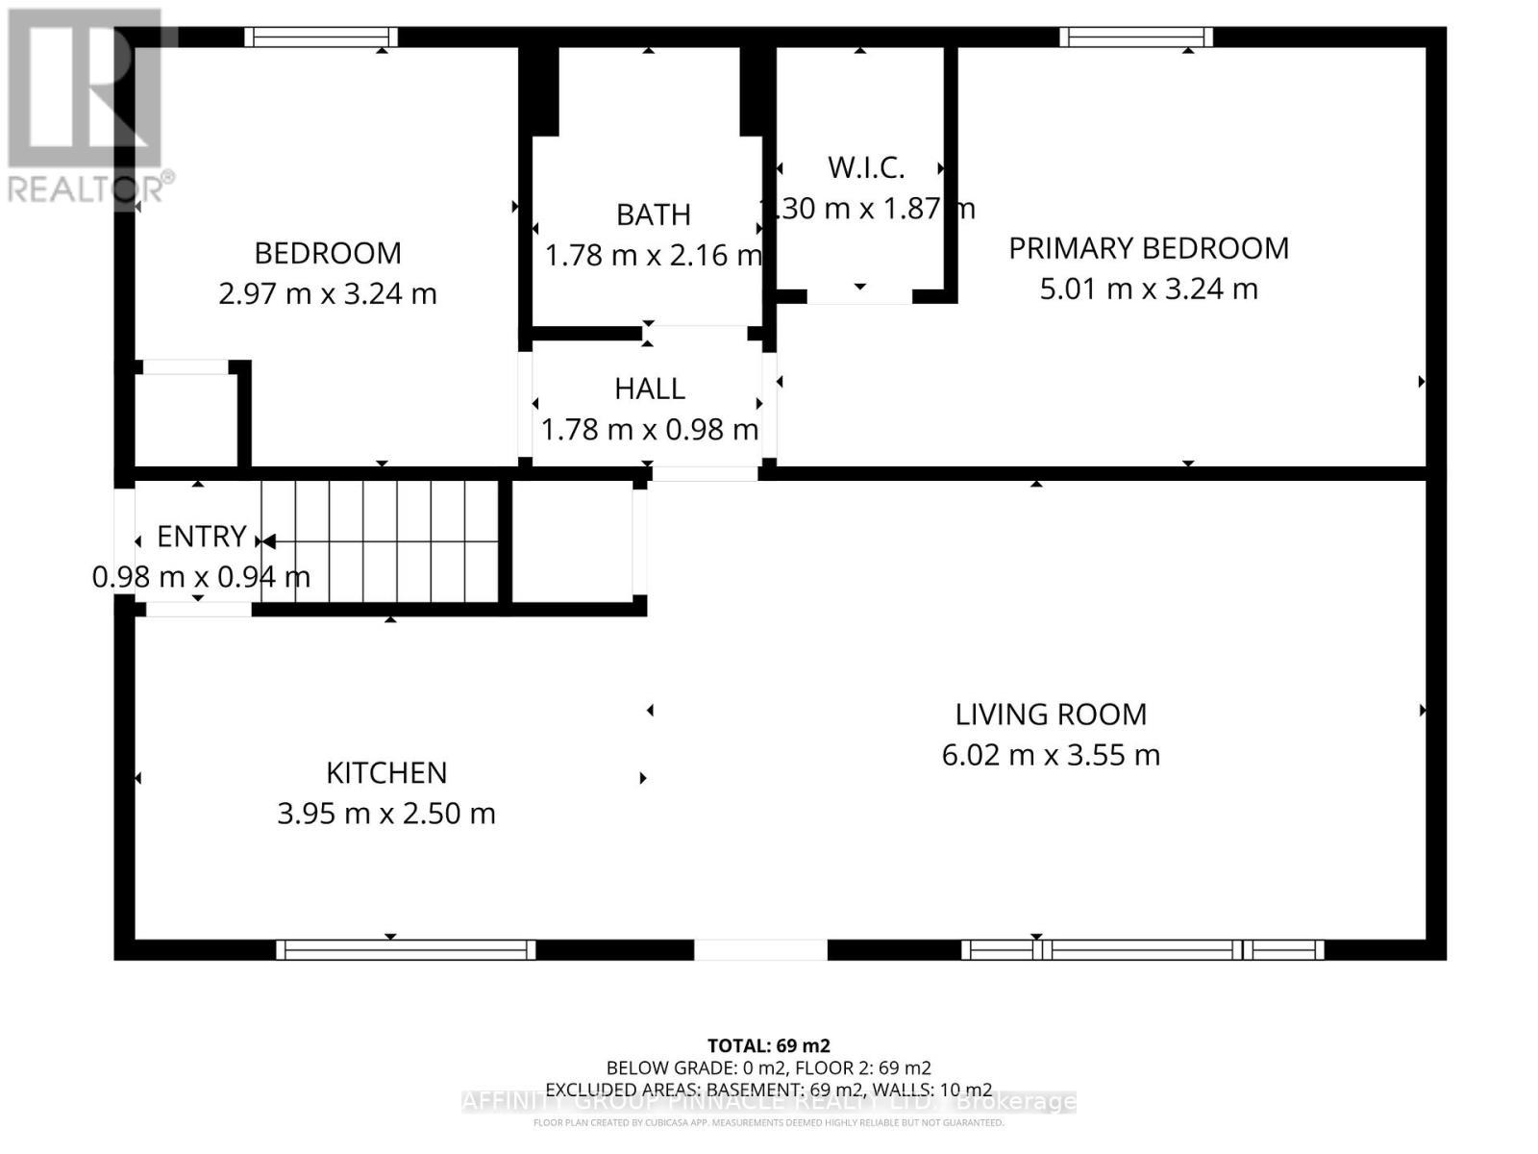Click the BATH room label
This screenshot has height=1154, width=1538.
point(653,214)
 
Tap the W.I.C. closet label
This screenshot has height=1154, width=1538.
point(865,167)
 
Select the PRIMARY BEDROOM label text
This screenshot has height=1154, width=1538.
point(1148,248)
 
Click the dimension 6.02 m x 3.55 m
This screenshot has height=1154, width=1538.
point(1051,755)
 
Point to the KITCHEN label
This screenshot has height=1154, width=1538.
point(386,773)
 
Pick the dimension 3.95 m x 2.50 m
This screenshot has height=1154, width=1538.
point(386,814)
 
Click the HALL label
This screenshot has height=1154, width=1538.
point(650,389)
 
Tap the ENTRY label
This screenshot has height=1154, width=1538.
point(201,537)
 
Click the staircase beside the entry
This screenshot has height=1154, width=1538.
point(380,540)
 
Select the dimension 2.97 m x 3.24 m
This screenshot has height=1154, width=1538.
point(327,293)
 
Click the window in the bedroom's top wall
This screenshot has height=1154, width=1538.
point(320,38)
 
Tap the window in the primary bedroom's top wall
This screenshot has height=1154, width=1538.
point(1135,38)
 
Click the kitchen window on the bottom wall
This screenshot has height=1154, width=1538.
point(406,950)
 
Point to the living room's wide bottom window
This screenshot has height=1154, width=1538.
point(1142,950)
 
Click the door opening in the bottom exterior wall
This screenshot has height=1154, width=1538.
point(760,950)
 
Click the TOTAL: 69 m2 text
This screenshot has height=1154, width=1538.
point(768,1045)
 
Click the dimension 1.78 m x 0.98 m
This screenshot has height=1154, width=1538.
point(650,430)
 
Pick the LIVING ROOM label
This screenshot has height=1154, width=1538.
point(1051,715)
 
